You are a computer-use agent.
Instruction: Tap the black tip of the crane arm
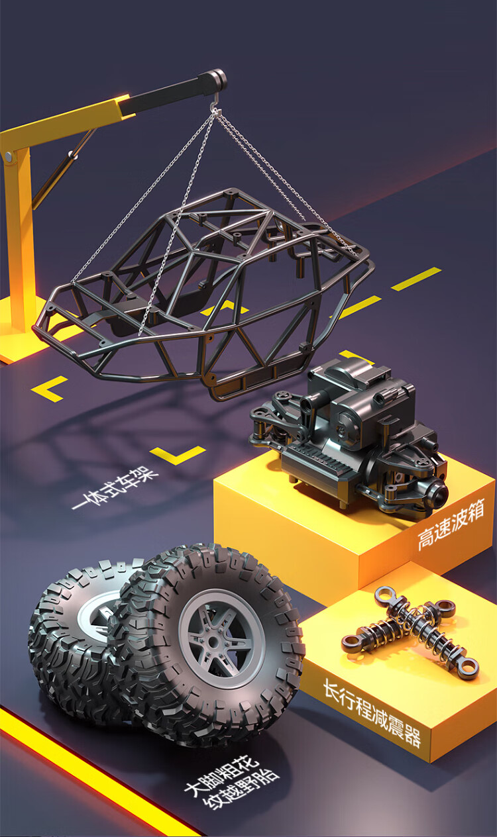tap(217, 79)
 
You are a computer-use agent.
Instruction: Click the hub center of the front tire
tap(213, 642)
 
